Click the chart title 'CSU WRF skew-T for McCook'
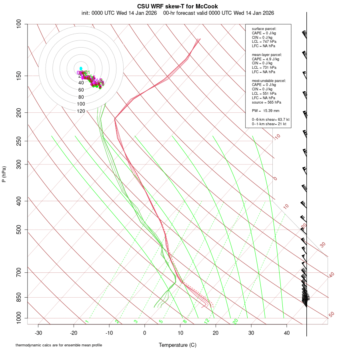pos(177,6)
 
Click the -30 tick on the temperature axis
pos(38,333)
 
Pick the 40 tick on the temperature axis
pos(286,333)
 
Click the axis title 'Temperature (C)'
pos(177,345)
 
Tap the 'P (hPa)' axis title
pos(4,174)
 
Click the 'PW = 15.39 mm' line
pos(266,110)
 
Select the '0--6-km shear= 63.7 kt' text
pos(270,120)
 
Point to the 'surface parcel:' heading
pos(264,29)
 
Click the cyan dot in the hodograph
pos(81,68)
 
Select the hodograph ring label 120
pos(81,111)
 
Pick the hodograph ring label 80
pos(81,97)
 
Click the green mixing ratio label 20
pos(236,321)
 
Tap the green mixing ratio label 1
pos(87,322)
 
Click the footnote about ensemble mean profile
pos(59,345)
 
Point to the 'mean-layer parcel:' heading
pos(267,54)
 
